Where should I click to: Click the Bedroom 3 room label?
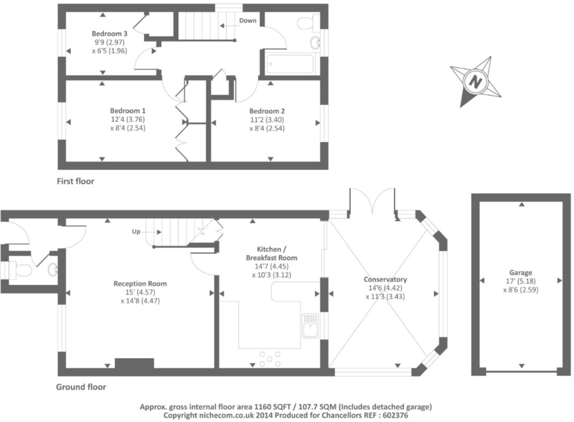[109, 34]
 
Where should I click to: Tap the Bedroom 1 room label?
[128, 111]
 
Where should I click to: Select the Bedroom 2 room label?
[267, 111]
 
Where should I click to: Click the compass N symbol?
[475, 82]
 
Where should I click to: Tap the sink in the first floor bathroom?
[315, 43]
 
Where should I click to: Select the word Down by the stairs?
[248, 21]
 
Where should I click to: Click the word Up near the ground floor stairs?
[136, 232]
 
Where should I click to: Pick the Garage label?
[521, 273]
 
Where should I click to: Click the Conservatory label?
[385, 279]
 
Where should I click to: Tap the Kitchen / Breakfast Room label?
[272, 254]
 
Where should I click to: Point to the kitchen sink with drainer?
[310, 325]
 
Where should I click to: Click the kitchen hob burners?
[270, 359]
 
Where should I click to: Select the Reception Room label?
[140, 284]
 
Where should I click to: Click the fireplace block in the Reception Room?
[134, 363]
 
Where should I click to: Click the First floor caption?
[75, 181]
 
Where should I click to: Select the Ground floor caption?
[81, 387]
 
